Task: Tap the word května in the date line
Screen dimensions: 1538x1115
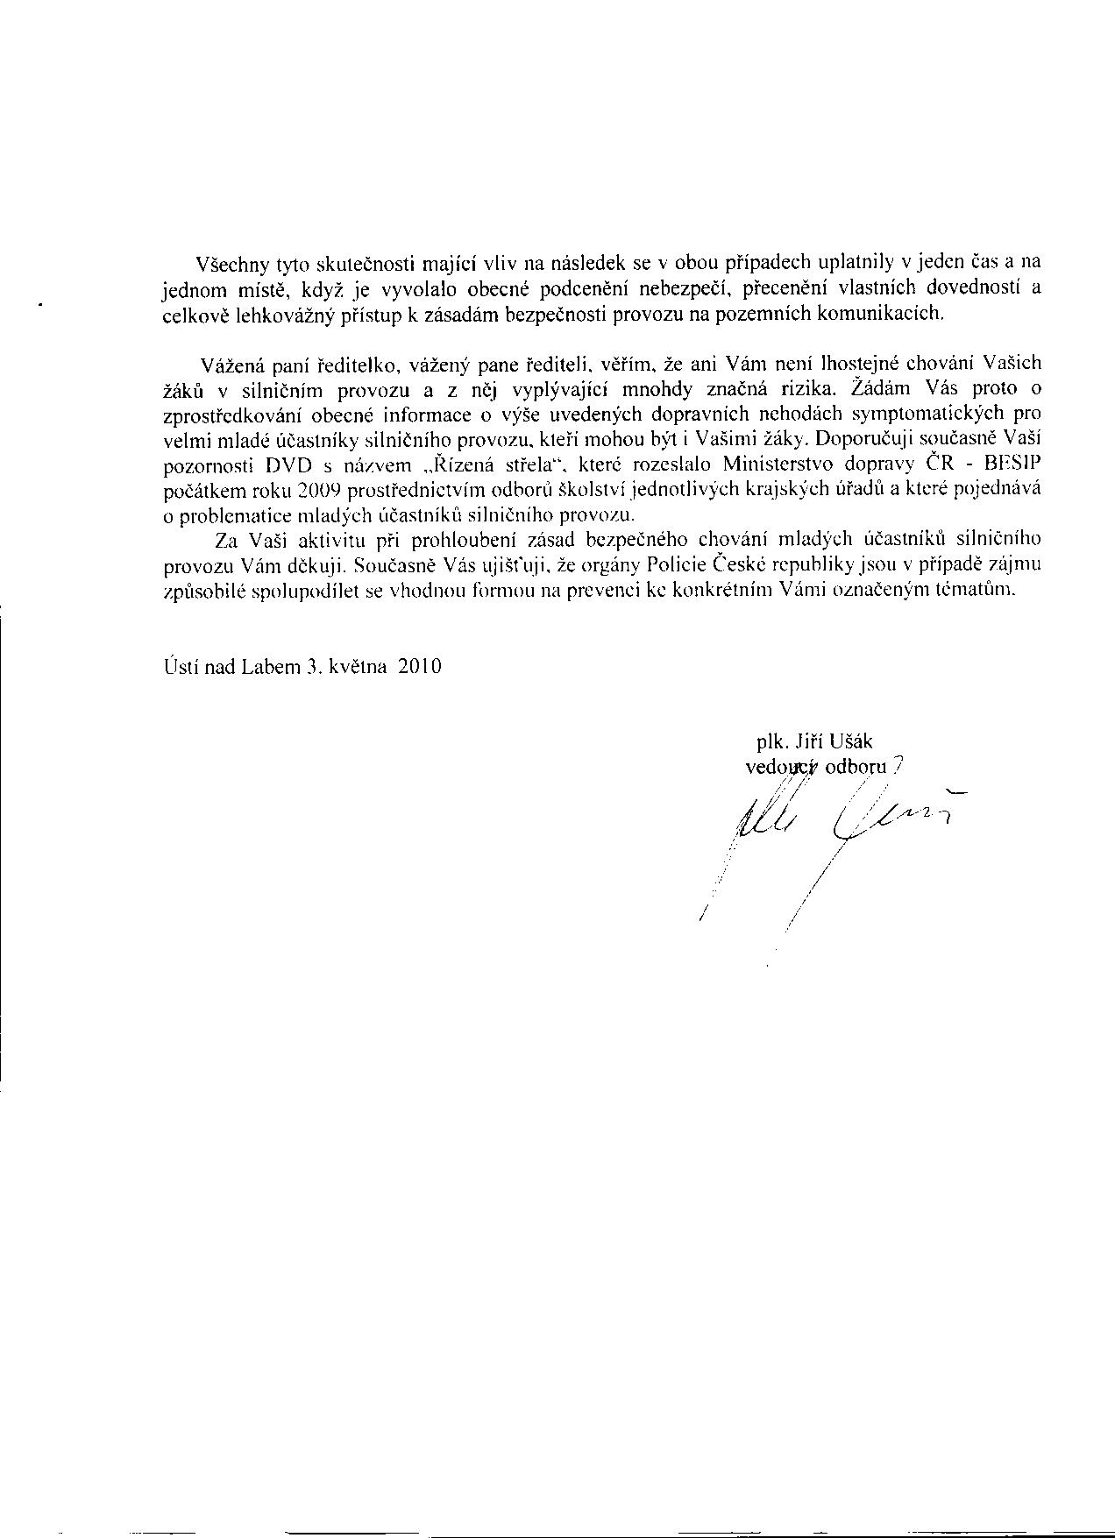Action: (x=358, y=666)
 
